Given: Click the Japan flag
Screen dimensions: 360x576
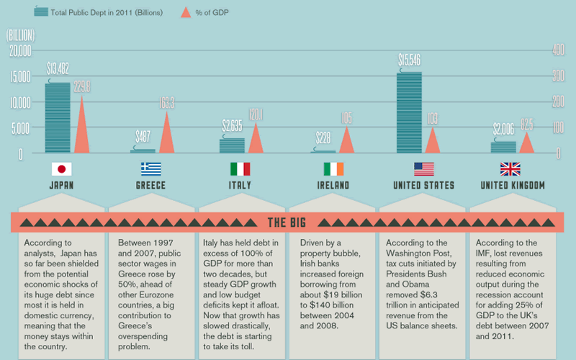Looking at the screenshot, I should pos(61,169).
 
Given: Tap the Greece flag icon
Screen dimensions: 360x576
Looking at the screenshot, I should pos(151,169).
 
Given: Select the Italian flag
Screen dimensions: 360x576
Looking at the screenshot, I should pos(240,169).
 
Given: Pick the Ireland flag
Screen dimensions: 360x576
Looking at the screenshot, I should pos(333,169).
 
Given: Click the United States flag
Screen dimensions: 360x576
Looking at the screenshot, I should pos(423,169).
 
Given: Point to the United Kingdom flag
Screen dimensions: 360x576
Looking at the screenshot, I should pos(510,169).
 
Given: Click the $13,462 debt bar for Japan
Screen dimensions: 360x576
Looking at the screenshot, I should pos(58,117).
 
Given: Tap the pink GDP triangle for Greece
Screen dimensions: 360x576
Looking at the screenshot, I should pos(167,134).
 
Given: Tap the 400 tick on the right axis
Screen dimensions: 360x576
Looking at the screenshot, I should pos(557,50).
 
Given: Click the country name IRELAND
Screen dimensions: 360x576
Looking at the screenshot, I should pos(333,185).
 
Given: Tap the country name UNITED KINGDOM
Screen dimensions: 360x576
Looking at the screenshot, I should pos(512,185).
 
